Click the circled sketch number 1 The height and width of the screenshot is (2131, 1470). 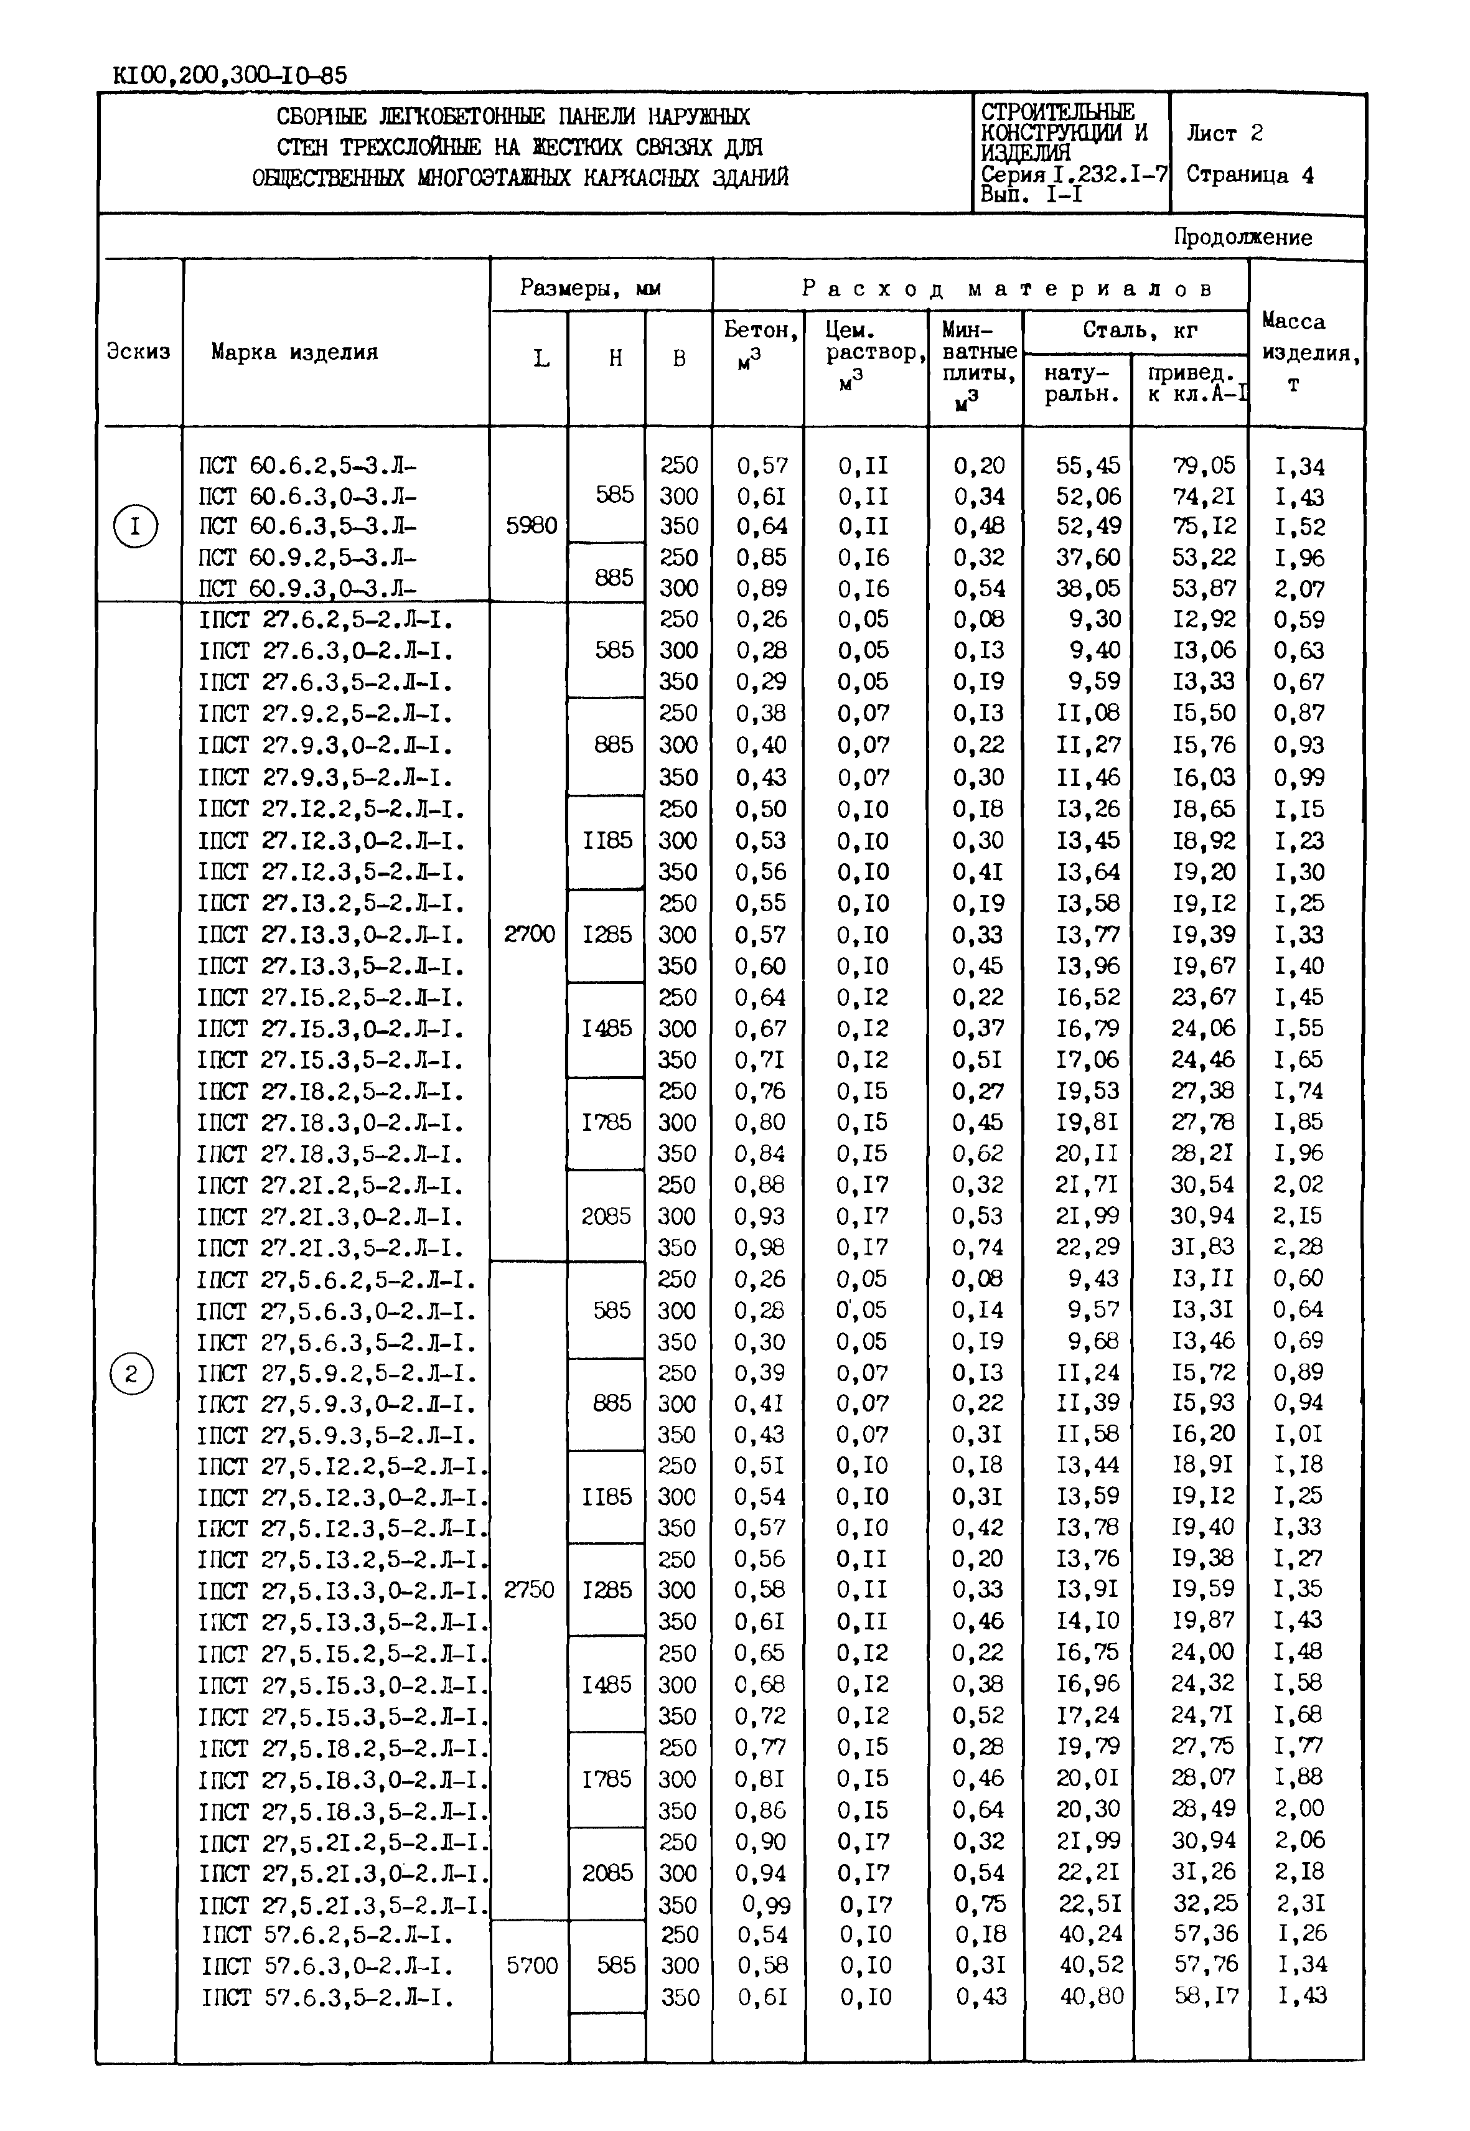point(136,527)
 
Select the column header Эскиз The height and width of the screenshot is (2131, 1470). point(138,351)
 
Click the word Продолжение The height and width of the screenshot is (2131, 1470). point(1242,238)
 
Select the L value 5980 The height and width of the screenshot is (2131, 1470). point(531,526)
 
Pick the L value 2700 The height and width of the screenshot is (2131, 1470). point(530,935)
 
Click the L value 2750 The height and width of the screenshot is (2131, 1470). point(530,1590)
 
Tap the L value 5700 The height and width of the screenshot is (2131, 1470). point(532,1966)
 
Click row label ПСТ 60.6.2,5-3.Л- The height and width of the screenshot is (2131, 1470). point(307,466)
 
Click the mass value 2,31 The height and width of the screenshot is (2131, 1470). point(1299,1904)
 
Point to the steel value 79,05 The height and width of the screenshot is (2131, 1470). point(1203,466)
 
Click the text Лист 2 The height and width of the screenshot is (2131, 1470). point(1224,134)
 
